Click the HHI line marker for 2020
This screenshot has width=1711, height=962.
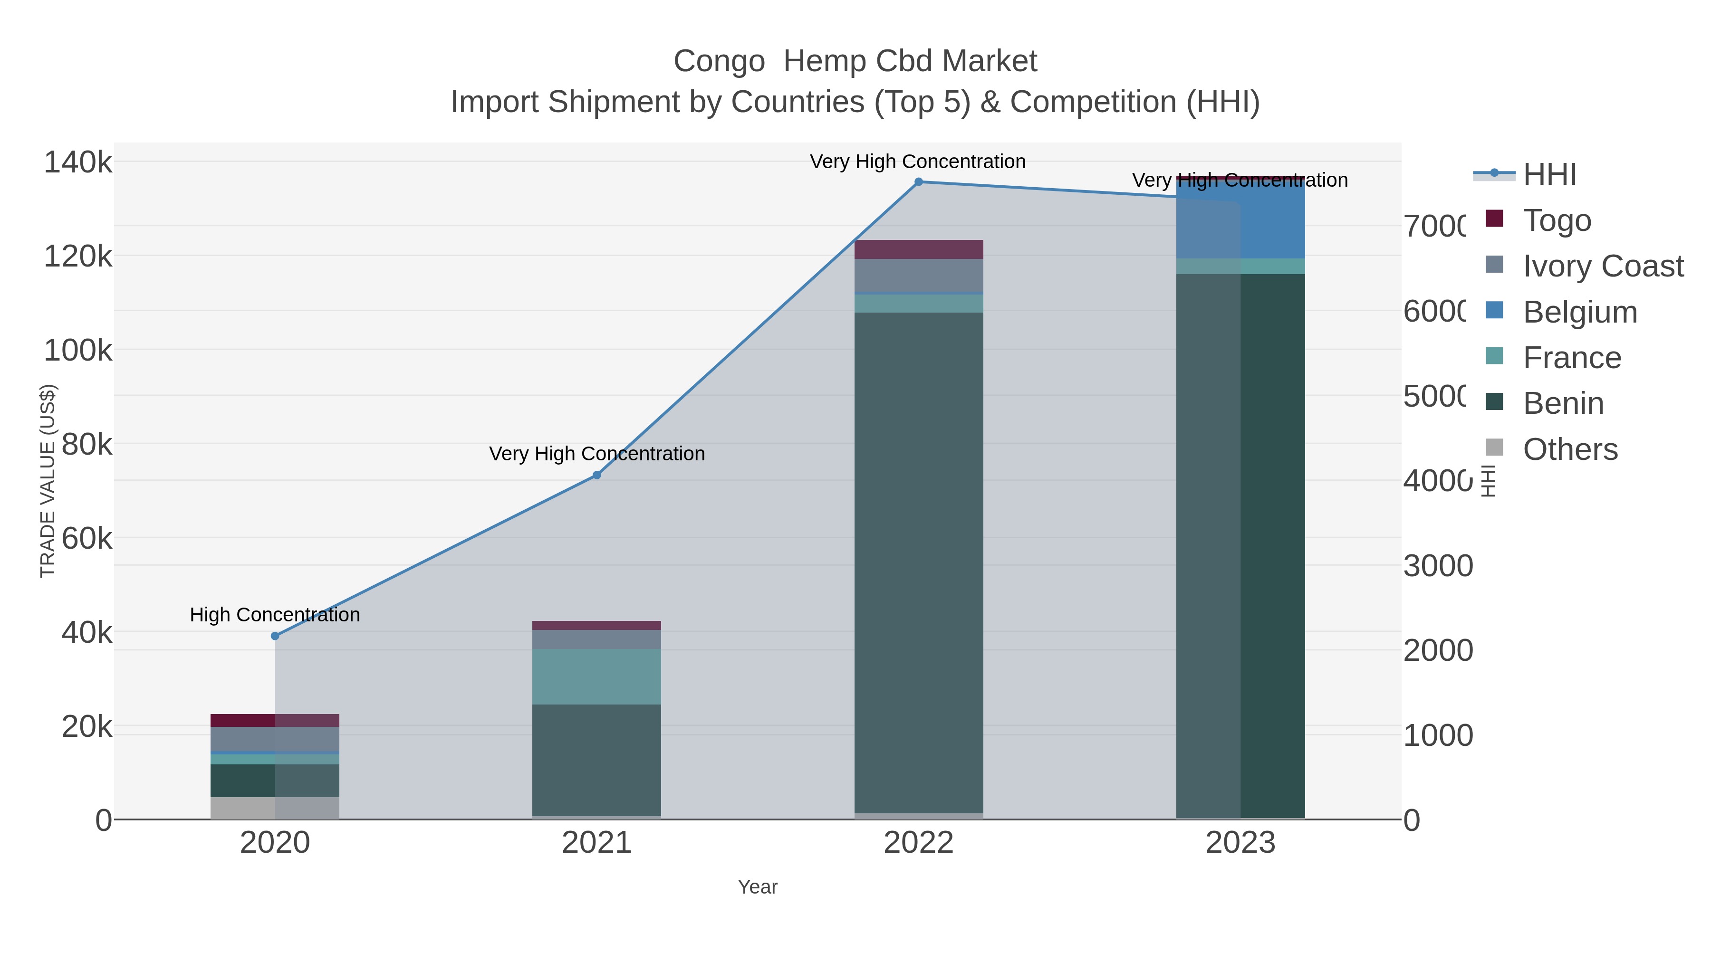pos(275,636)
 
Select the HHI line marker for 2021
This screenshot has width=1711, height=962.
pos(596,476)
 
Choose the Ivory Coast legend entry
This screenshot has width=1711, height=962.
pos(1602,266)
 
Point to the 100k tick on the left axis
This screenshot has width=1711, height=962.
pos(78,350)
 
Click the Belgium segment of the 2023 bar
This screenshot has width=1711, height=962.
pos(1240,219)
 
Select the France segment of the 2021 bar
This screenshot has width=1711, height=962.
pos(596,676)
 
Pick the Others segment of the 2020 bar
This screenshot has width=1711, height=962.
pos(275,808)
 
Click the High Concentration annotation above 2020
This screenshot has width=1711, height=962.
pos(275,615)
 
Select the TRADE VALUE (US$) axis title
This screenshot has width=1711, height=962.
pos(48,481)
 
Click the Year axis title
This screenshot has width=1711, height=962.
pos(757,887)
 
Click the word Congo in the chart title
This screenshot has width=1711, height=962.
pos(719,61)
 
